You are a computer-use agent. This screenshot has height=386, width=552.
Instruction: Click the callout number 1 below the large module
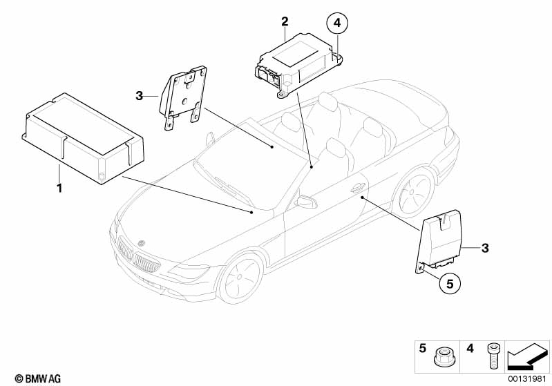point(59,188)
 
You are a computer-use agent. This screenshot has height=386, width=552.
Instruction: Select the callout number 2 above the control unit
point(284,22)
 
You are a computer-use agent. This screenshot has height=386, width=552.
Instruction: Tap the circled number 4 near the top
point(336,23)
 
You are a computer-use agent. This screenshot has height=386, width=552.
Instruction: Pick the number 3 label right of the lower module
point(485,248)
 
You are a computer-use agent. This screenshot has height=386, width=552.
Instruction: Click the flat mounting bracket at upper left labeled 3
point(184,97)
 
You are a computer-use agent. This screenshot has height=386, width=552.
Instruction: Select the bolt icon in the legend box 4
point(493,357)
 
